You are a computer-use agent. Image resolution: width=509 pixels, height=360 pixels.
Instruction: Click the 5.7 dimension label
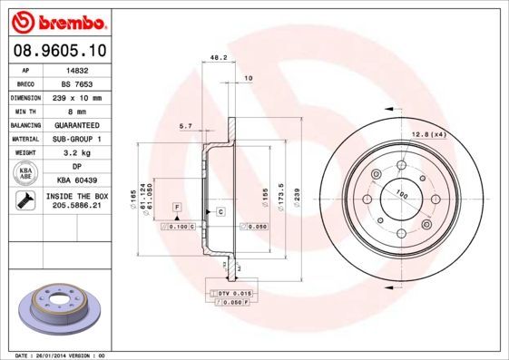(185, 126)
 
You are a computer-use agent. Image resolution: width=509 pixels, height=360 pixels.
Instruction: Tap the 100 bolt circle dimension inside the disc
(400, 191)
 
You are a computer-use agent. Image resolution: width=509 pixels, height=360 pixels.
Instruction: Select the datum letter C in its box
(220, 211)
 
